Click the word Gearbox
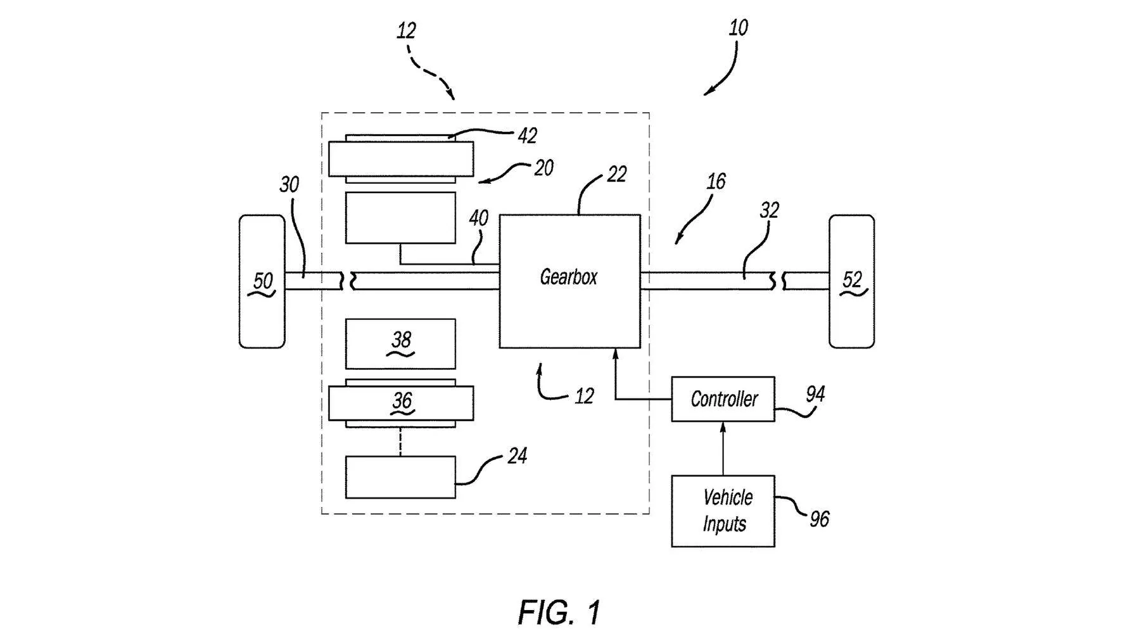click(x=568, y=277)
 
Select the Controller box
click(x=723, y=399)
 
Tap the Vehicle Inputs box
click(x=723, y=511)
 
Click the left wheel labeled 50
click(x=262, y=281)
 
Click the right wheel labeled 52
click(x=851, y=281)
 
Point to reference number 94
click(x=815, y=395)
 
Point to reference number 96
click(x=819, y=519)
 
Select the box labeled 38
click(x=400, y=343)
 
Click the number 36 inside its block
click(x=402, y=400)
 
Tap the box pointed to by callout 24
click(x=400, y=477)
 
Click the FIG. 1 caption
click(x=559, y=613)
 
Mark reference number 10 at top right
click(x=738, y=28)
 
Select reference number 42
click(x=527, y=136)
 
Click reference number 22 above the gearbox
click(x=616, y=174)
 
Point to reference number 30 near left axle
click(x=289, y=184)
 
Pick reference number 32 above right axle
click(x=769, y=210)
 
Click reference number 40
click(x=478, y=218)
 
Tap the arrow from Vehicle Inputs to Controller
click(x=723, y=448)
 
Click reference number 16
click(x=716, y=182)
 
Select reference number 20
click(x=543, y=168)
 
